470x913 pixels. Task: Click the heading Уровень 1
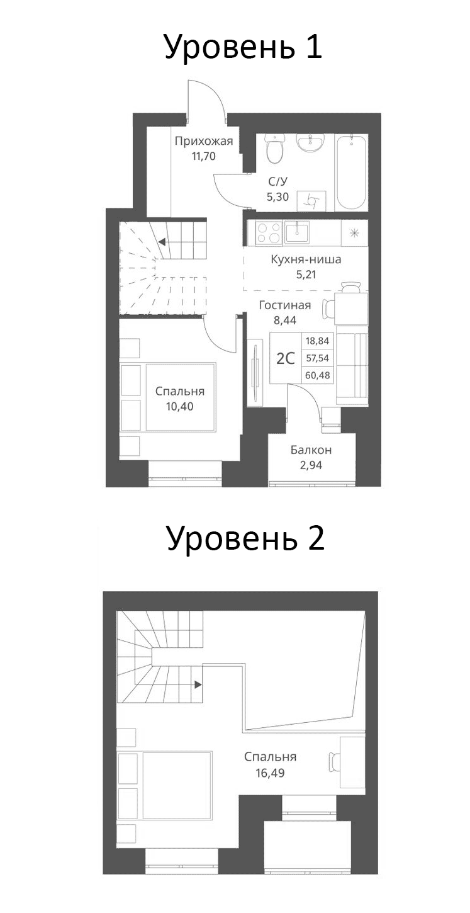point(243,47)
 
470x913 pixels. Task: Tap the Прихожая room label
point(204,141)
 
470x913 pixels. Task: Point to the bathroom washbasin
point(310,145)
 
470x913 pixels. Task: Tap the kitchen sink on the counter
point(296,232)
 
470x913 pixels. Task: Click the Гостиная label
point(285,306)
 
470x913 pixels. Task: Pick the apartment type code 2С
point(286,358)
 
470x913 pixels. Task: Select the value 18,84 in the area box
point(318,341)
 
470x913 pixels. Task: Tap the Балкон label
point(311,450)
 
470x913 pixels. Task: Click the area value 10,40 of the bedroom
point(180,406)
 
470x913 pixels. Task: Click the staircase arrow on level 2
point(198,684)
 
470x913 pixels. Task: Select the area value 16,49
point(271,773)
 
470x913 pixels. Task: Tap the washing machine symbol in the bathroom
point(311,200)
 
